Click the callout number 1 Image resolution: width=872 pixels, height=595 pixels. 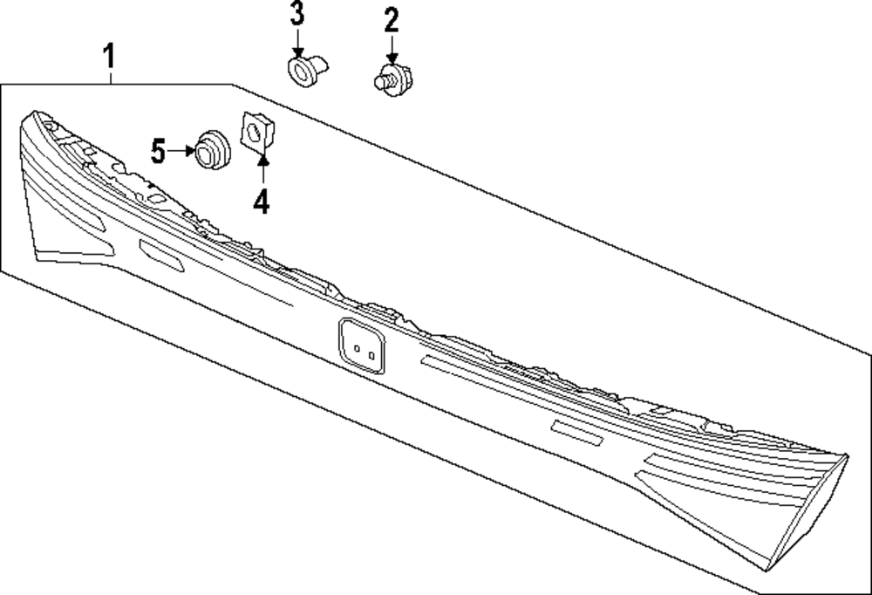point(109,59)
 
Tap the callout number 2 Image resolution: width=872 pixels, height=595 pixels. point(391,19)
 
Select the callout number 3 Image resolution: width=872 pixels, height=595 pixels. point(297,14)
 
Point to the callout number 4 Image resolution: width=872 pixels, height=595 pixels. point(262,202)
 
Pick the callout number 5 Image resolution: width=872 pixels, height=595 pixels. point(158,151)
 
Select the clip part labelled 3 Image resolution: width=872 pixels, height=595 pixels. point(306,70)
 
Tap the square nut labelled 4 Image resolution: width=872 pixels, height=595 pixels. point(254,133)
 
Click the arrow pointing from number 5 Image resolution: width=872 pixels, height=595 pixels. point(182,151)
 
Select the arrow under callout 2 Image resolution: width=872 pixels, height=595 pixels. point(392,47)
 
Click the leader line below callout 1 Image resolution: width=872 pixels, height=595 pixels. point(111,77)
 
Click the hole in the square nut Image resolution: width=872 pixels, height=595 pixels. point(254,133)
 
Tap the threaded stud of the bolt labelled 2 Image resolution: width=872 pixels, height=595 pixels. point(381,81)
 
